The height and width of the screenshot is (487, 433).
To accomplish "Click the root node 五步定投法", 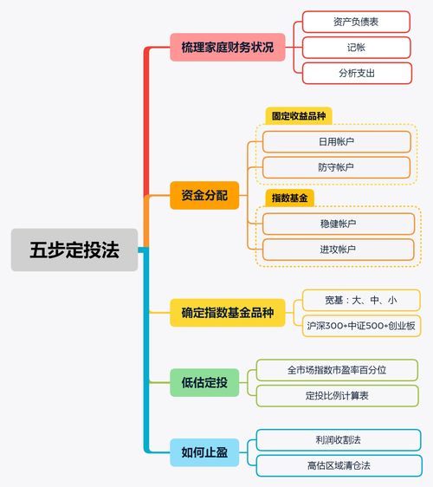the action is (74, 250).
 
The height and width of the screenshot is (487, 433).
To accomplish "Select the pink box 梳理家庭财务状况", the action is (228, 47).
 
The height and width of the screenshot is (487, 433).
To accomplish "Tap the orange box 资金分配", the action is (204, 195).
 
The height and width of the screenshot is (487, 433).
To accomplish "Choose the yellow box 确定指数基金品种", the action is (228, 313).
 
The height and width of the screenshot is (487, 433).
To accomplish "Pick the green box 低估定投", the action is (204, 382).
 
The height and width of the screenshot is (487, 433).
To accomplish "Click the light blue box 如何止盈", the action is (204, 452).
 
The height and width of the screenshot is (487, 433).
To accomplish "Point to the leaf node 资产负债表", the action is (356, 22).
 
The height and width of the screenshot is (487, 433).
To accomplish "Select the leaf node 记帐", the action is (357, 48).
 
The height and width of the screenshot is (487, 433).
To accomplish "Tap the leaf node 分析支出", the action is (357, 74).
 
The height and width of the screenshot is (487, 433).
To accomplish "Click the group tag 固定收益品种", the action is (299, 116).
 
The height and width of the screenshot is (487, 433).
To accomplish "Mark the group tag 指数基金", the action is (289, 198).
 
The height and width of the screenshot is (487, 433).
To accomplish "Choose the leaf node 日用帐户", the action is (337, 141).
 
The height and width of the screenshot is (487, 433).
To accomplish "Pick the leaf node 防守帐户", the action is (336, 167).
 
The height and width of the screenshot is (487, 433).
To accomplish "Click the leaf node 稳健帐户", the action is (339, 224).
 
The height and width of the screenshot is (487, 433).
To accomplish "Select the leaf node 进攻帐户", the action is (338, 250).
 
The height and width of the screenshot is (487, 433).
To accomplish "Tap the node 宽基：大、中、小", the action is (361, 301).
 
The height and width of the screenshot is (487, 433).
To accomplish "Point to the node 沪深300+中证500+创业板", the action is (361, 326).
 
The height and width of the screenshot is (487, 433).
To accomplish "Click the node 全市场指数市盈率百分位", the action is (337, 370).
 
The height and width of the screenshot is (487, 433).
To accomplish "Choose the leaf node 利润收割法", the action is (339, 440).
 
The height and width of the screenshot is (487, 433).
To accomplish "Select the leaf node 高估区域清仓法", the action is (339, 465).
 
